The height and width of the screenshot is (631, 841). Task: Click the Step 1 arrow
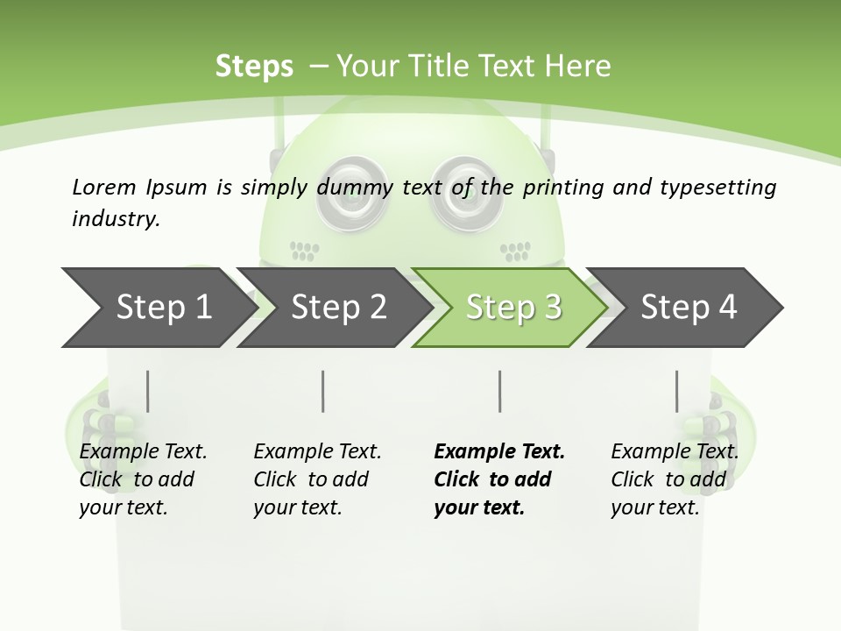click(158, 308)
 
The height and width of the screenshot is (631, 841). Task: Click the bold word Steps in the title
click(254, 67)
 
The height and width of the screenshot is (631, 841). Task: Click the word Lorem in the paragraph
click(103, 187)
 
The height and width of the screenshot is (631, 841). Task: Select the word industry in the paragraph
click(114, 218)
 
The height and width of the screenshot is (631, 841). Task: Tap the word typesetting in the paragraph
click(717, 188)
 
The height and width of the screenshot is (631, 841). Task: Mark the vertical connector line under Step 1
click(148, 391)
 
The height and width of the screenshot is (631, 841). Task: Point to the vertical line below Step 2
click(323, 391)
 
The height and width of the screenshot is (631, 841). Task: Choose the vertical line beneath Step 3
click(500, 391)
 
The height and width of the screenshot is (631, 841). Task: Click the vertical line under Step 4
click(676, 391)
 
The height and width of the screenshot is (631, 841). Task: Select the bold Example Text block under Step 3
click(498, 479)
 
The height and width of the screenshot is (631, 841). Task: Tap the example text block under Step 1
click(142, 479)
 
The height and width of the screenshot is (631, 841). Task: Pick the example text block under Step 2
click(316, 479)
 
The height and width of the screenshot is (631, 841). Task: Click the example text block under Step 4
click(674, 479)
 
